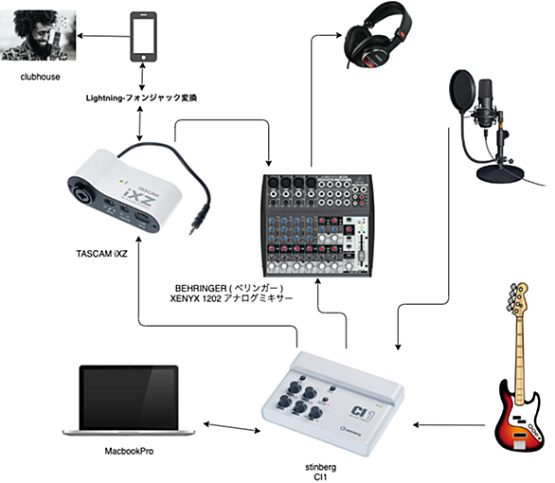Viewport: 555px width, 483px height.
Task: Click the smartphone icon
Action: point(143,37)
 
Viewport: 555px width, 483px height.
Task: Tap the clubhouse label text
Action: point(40,77)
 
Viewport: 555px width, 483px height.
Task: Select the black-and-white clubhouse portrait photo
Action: point(38,35)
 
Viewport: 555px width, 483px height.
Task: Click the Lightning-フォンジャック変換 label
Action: point(141,98)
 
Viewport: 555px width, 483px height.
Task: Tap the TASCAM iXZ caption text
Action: point(101,254)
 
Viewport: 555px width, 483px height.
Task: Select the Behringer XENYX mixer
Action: point(317,225)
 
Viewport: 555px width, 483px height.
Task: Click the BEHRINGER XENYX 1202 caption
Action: point(231,294)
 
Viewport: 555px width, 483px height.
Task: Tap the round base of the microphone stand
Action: point(500,173)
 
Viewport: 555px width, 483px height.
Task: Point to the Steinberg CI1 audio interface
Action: point(332,404)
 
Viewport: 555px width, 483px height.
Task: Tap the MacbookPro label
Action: point(129,451)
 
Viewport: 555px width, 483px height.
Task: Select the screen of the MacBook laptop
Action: point(129,398)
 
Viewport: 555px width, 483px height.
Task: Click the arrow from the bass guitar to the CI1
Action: point(449,424)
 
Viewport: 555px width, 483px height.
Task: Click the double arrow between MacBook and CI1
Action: point(232,427)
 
